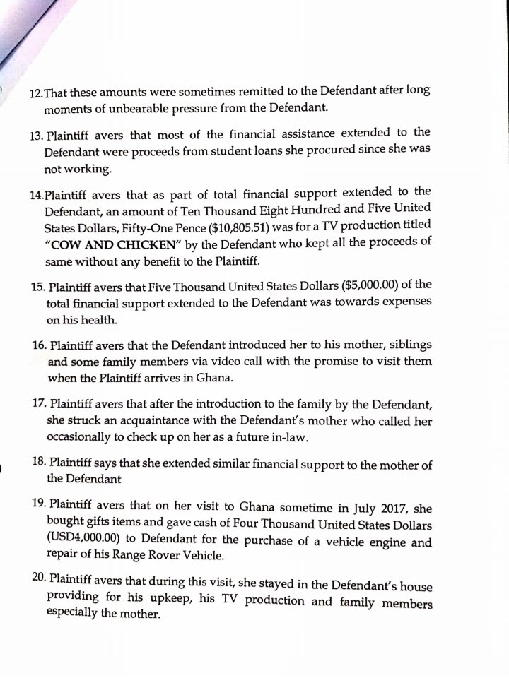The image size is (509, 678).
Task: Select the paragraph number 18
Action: coord(40,463)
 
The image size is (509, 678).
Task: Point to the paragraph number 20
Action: coord(40,578)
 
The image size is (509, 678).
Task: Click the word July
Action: coord(363,509)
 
